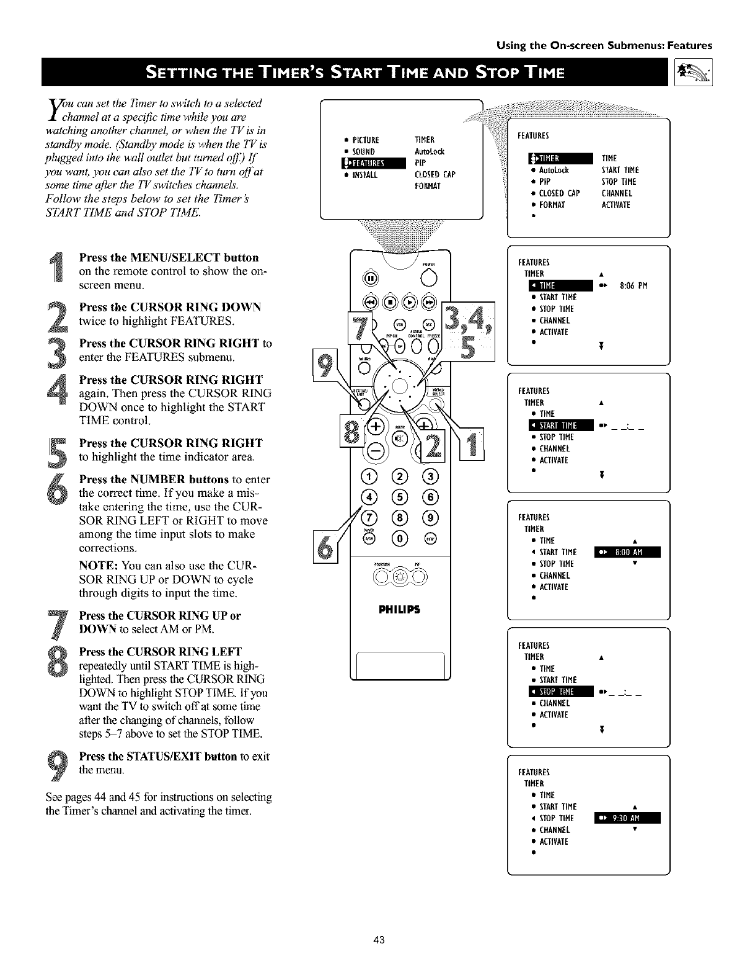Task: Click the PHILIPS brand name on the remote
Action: (x=399, y=609)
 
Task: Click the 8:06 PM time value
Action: (x=633, y=285)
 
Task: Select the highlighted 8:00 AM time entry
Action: (x=627, y=553)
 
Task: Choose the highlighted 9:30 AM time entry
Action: (x=627, y=818)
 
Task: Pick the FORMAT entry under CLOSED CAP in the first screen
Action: (x=427, y=186)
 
